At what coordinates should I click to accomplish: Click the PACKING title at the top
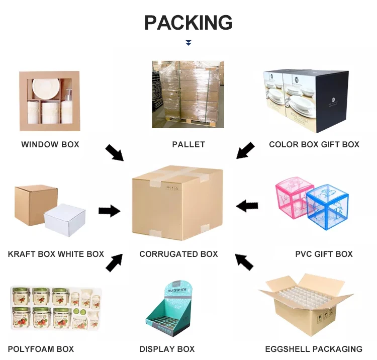[x=189, y=23]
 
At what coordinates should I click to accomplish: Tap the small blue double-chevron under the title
[x=189, y=43]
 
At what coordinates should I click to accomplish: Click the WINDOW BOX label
[x=50, y=144]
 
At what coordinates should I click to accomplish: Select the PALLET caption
[x=189, y=144]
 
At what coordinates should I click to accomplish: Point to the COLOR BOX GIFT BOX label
[x=314, y=144]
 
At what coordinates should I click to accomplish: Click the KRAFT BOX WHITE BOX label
[x=56, y=254]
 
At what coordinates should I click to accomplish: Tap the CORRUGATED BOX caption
[x=178, y=254]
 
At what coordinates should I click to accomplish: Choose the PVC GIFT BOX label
[x=324, y=254]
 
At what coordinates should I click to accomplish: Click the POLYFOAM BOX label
[x=41, y=349]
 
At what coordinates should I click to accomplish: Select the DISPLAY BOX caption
[x=167, y=349]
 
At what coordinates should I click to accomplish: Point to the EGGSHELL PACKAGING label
[x=314, y=349]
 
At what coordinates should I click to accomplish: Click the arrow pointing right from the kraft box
[x=110, y=211]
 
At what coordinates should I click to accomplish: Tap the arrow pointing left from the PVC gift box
[x=247, y=206]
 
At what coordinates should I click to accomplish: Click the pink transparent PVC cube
[x=294, y=196]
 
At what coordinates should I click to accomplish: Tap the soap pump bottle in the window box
[x=66, y=106]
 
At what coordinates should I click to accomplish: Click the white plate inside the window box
[x=46, y=88]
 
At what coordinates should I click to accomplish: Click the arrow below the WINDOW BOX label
[x=115, y=152]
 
